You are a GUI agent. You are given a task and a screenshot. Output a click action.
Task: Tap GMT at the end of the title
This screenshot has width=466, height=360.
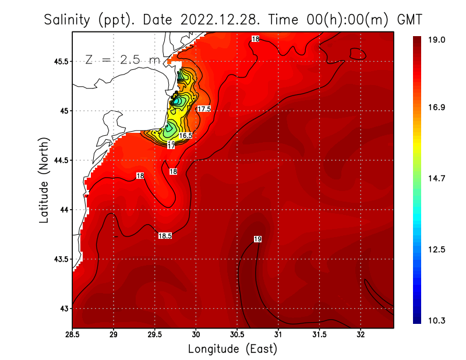(x=408, y=20)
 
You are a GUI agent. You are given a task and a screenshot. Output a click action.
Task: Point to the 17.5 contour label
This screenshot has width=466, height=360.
(x=204, y=109)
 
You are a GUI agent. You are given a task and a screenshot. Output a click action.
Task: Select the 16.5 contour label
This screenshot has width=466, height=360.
(x=185, y=135)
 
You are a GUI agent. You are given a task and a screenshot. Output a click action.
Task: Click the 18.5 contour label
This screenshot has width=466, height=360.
(x=165, y=236)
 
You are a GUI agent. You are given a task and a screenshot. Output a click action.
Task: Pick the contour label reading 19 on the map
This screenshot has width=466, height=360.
(x=257, y=239)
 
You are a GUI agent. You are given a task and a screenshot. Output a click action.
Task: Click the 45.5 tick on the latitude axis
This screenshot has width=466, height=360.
(x=60, y=61)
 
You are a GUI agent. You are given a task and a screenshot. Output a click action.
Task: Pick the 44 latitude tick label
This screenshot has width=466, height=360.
(x=64, y=210)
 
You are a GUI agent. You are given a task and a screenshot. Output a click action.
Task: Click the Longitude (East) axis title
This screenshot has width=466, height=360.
(x=232, y=349)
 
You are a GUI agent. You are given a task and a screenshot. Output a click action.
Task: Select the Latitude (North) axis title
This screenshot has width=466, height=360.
(x=44, y=179)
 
